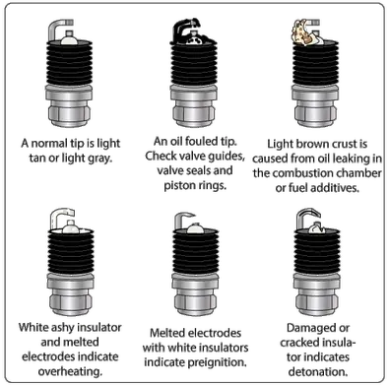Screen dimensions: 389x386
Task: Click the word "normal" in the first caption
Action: coord(49,144)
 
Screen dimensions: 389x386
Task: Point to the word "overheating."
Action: coord(70,371)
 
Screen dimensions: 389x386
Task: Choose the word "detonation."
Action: coord(318,372)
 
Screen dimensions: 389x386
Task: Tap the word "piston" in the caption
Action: coord(179,185)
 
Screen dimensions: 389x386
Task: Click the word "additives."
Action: coord(335,188)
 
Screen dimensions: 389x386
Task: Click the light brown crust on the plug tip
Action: coord(301,32)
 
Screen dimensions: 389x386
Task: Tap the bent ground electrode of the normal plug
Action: coord(56,28)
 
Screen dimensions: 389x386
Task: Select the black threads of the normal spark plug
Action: coord(69,63)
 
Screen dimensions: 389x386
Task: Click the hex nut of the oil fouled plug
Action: coord(194,114)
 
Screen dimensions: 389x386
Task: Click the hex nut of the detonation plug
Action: coord(316,302)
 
